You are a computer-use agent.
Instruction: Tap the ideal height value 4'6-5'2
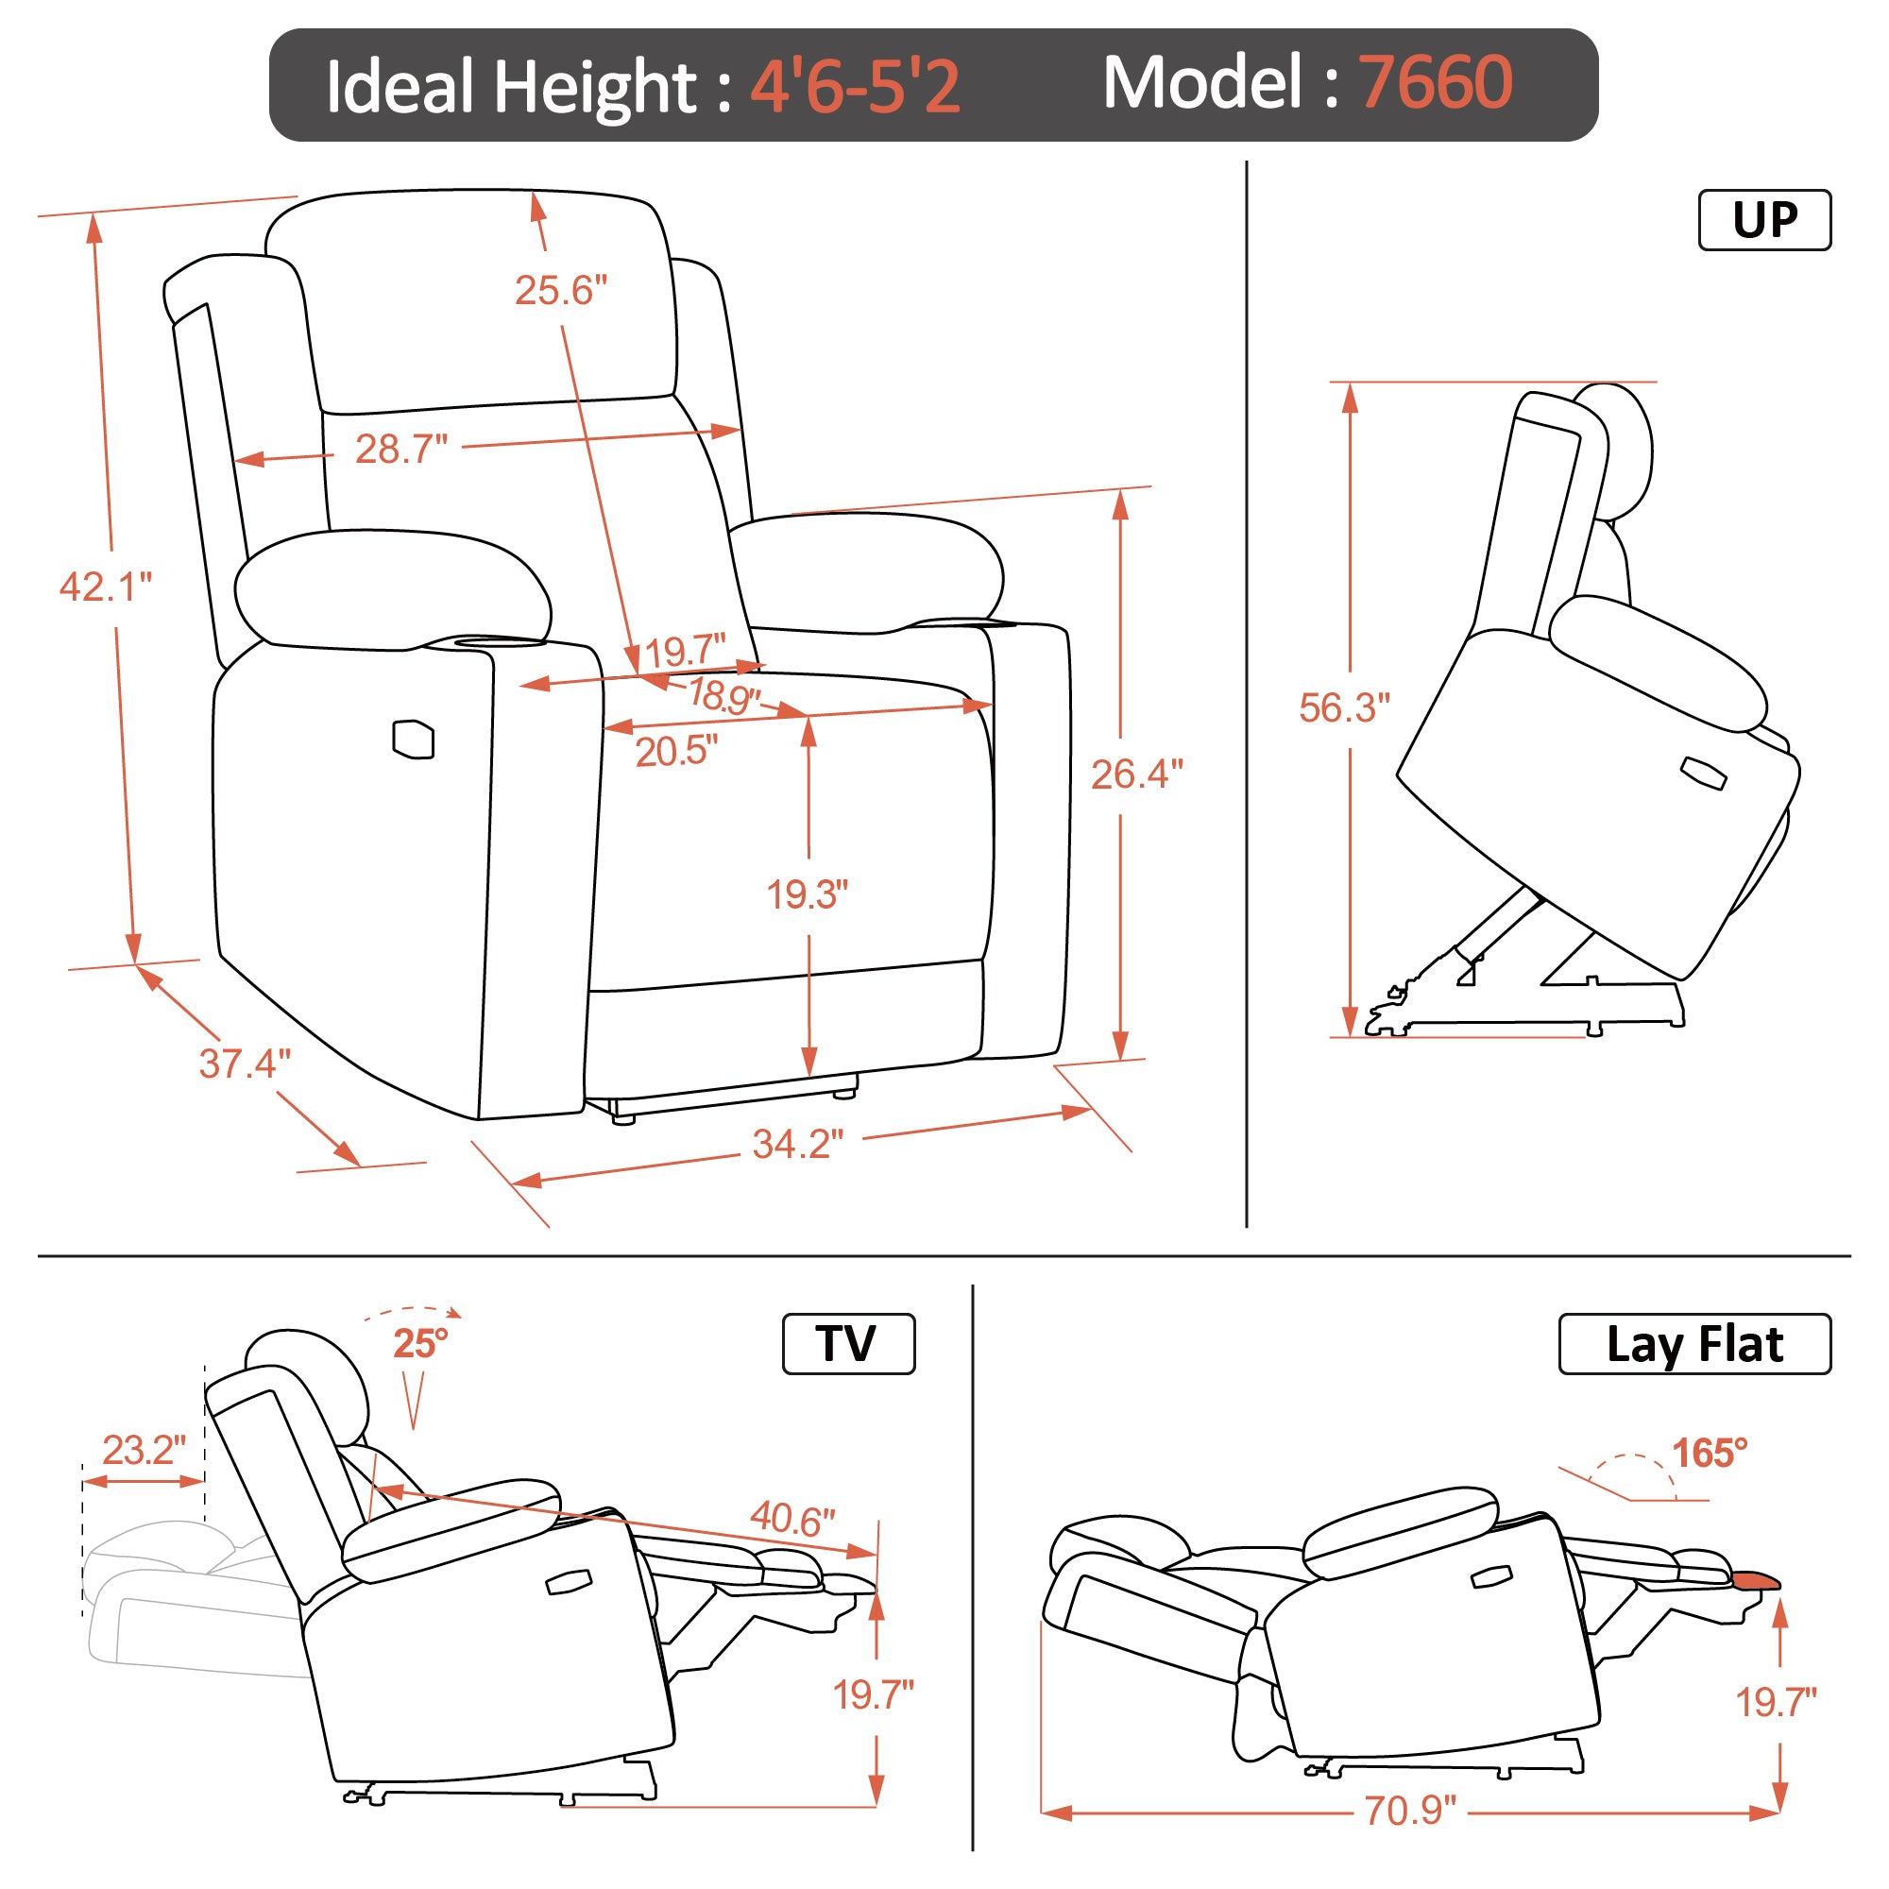click(856, 85)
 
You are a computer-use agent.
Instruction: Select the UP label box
click(1765, 220)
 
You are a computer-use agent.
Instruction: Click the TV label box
click(848, 1343)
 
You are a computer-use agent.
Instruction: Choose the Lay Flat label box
click(1694, 1343)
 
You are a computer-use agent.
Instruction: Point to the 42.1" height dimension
click(106, 587)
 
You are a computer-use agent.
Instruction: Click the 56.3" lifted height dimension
click(1344, 707)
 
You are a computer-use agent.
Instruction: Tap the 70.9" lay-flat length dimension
click(1410, 1811)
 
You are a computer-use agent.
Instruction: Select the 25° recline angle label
click(420, 1343)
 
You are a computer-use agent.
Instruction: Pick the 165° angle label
click(1710, 1453)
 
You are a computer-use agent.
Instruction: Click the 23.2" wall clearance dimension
click(144, 1450)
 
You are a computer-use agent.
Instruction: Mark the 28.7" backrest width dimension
click(400, 449)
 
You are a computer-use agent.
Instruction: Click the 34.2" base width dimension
click(798, 1144)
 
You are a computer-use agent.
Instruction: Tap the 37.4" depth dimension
click(245, 1063)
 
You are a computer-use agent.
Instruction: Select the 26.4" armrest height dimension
click(1137, 774)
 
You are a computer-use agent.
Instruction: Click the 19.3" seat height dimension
click(807, 894)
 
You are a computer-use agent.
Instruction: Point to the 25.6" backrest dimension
click(561, 290)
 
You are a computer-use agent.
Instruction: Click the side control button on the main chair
click(413, 740)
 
